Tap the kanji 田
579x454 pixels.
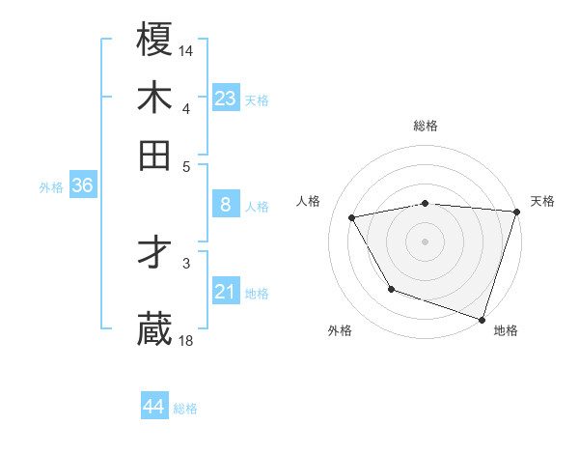(x=155, y=155)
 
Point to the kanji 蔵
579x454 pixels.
(x=155, y=328)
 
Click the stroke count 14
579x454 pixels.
(x=186, y=50)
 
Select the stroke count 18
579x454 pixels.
(x=186, y=340)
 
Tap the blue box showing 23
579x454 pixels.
(x=226, y=98)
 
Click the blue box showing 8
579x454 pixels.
(x=226, y=205)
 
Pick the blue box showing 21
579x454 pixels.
(x=226, y=292)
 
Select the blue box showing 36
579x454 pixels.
(x=82, y=186)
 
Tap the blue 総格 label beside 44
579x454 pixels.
(x=185, y=409)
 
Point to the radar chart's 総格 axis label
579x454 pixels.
(x=426, y=127)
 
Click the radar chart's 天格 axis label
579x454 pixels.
(x=542, y=201)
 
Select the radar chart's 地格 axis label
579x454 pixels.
(x=506, y=330)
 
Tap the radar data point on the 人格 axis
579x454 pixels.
(x=352, y=218)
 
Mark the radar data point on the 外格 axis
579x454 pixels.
(x=391, y=289)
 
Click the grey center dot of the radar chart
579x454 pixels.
(x=426, y=241)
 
